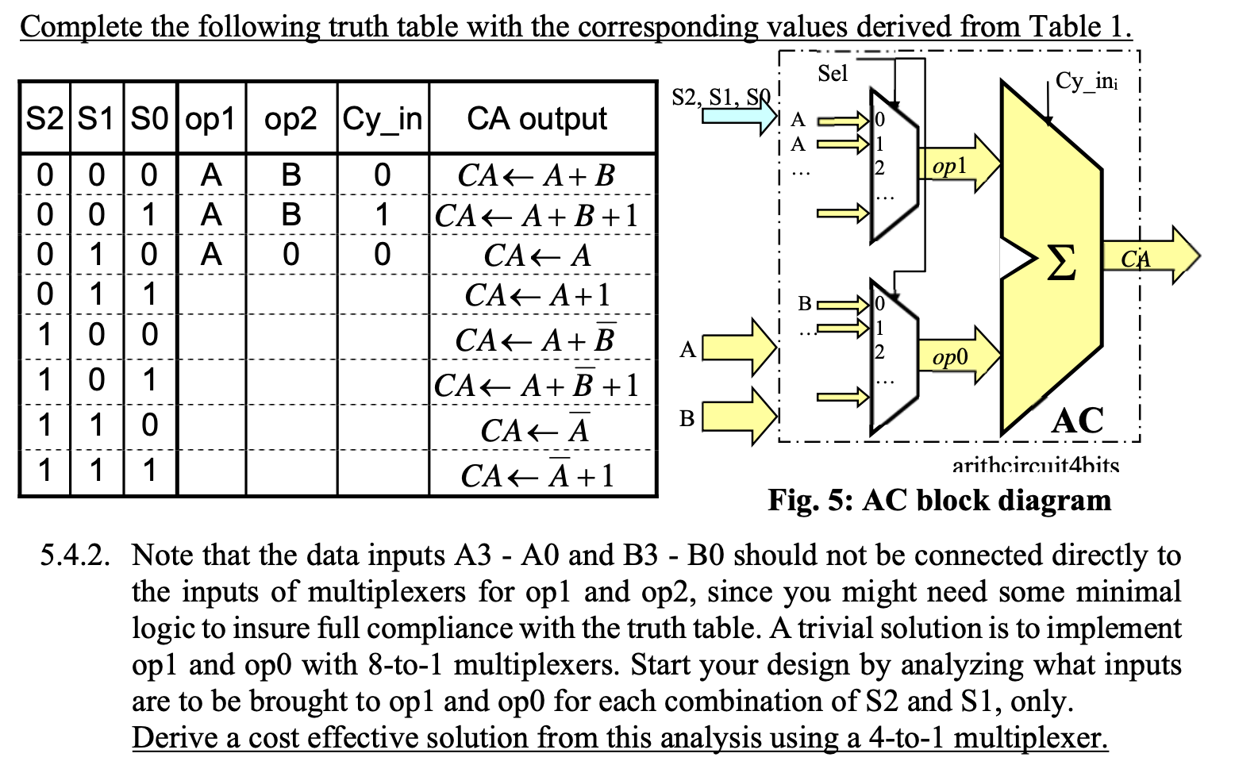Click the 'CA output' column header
537,119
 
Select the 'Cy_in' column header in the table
383,119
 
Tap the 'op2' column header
290,119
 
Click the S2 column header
44,119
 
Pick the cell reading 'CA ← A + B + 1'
537,216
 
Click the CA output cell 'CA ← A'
537,256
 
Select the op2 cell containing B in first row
290,175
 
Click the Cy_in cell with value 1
383,215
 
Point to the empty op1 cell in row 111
211,473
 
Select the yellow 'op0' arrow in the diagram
959,356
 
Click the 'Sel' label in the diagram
833,74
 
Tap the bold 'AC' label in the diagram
1077,421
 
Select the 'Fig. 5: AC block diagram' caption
939,501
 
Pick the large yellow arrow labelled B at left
738,416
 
